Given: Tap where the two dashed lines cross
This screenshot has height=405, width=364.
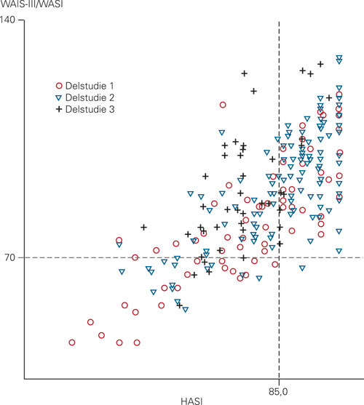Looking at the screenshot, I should [x=279, y=257].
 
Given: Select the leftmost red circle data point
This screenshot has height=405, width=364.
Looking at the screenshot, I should [x=71, y=342].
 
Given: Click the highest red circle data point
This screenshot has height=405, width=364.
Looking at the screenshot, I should [x=223, y=105].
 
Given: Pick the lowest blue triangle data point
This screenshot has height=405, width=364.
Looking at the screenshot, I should [x=186, y=309].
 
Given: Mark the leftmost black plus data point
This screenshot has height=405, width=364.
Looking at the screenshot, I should [x=143, y=228].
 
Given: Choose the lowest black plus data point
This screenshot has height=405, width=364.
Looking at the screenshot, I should [x=179, y=305].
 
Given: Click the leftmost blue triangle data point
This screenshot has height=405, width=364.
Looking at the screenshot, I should [x=119, y=244].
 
